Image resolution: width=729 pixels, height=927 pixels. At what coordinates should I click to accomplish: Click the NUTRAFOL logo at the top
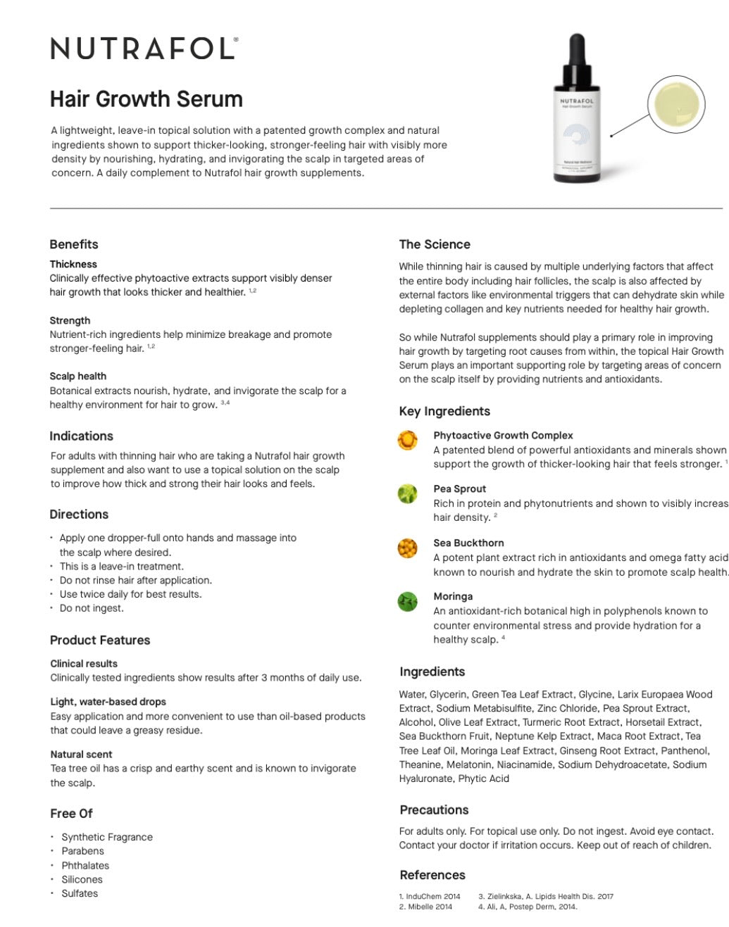tap(144, 49)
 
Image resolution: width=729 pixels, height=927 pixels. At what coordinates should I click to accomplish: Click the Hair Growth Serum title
tap(146, 99)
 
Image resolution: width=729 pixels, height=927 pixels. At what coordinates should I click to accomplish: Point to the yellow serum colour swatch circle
tap(675, 104)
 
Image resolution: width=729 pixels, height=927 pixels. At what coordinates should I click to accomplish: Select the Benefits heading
tap(74, 244)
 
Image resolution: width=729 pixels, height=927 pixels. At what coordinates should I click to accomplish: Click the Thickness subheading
tap(73, 264)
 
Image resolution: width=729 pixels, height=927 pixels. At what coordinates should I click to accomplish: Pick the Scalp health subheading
tap(77, 376)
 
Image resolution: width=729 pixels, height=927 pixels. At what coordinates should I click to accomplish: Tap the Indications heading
tap(81, 436)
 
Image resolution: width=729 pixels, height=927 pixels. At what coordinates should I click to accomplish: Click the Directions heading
tap(79, 514)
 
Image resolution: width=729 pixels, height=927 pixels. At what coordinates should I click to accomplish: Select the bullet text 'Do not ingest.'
tap(92, 608)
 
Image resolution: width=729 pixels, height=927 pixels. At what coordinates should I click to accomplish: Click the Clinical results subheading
tap(84, 663)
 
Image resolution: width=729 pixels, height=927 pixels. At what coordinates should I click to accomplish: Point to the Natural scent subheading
tap(81, 754)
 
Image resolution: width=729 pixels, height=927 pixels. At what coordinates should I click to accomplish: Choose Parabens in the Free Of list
tap(82, 850)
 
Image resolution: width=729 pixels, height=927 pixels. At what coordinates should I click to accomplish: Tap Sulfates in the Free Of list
tap(80, 893)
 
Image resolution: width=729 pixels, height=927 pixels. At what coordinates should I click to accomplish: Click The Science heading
tap(435, 244)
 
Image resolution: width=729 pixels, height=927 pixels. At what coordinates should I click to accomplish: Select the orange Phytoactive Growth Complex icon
tap(408, 441)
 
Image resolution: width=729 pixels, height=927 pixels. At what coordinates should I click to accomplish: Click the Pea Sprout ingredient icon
tap(408, 494)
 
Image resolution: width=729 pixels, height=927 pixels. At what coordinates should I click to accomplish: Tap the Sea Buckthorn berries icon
tap(408, 548)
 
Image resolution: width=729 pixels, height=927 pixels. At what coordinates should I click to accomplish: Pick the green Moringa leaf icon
tap(408, 602)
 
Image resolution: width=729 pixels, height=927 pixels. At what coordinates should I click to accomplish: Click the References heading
tap(432, 875)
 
